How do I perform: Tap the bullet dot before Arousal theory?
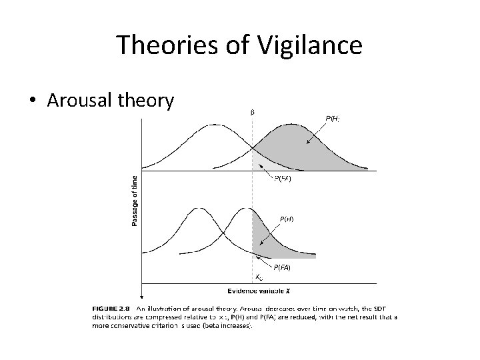pos(32,101)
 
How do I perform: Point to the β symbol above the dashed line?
pos(252,111)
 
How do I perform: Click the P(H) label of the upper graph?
pos(333,118)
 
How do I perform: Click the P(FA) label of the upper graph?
pos(283,178)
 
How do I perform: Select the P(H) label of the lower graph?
pos(286,218)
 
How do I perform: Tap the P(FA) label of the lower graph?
pos(280,267)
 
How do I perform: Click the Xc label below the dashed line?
pos(259,277)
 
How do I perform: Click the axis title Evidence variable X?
pos(259,291)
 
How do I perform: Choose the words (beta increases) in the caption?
pos(224,325)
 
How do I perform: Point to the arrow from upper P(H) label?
pos(315,133)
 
